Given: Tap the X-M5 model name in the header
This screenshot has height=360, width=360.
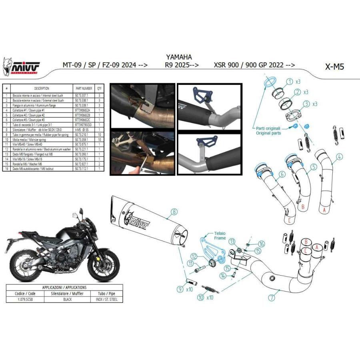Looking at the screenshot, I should pyautogui.click(x=334, y=66).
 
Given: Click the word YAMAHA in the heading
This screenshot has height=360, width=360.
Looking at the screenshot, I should pyautogui.click(x=178, y=57).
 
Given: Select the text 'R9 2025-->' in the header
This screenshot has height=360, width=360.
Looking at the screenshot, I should pyautogui.click(x=182, y=65).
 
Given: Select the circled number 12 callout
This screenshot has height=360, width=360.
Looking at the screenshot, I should pyautogui.click(x=193, y=256).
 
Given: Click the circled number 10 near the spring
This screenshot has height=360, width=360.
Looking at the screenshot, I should pyautogui.click(x=200, y=297).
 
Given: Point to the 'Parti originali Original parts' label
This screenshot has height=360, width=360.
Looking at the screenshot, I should pyautogui.click(x=268, y=130).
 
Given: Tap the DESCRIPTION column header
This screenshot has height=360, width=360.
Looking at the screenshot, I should pyautogui.click(x=42, y=88).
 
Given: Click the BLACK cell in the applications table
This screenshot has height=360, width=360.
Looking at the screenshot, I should pyautogui.click(x=67, y=299).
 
